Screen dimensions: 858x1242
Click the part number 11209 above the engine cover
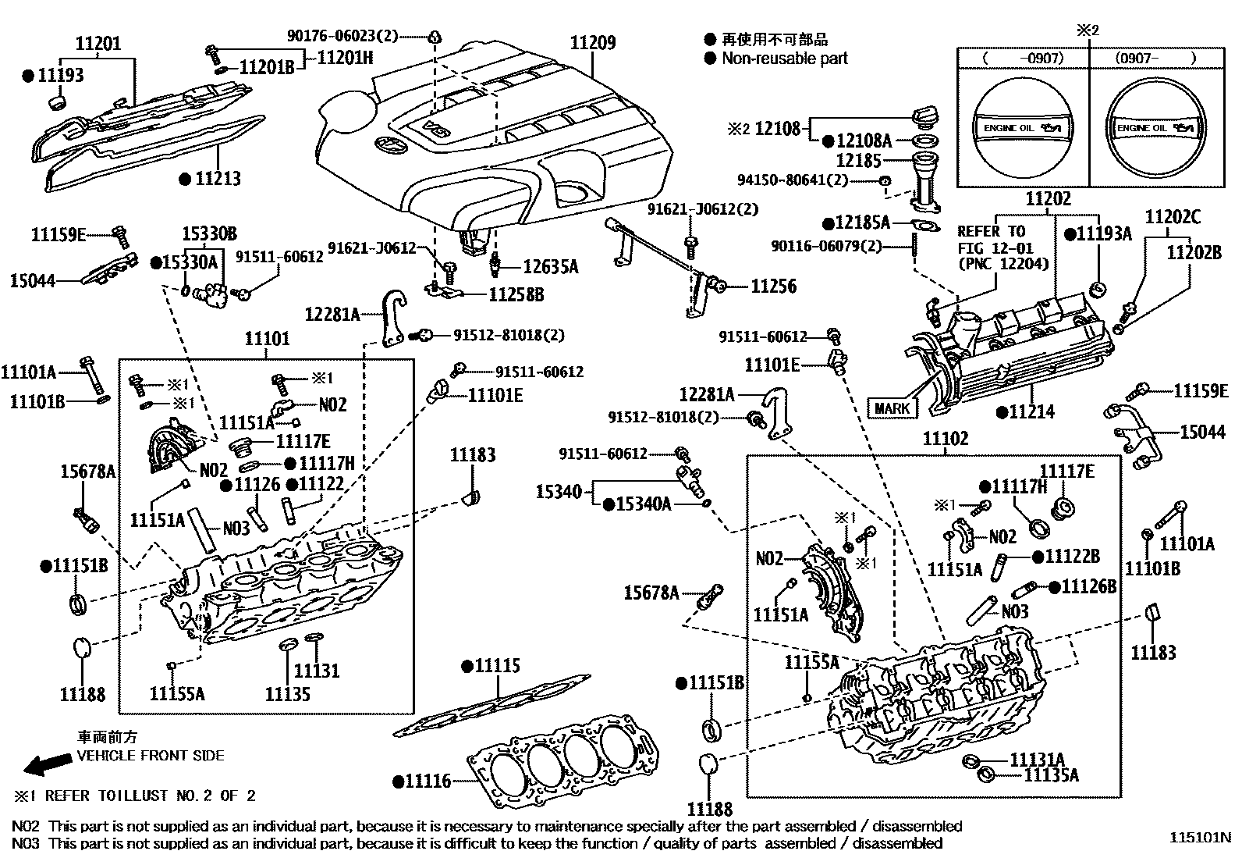click(x=592, y=43)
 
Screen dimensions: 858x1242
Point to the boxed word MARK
click(x=892, y=408)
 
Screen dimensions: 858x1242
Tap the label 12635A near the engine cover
click(x=550, y=267)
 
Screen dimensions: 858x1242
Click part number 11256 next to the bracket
click(x=774, y=287)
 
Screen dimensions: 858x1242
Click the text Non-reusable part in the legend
click(x=784, y=59)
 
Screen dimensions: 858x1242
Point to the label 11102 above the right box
click(x=945, y=439)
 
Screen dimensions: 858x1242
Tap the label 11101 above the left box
click(x=267, y=339)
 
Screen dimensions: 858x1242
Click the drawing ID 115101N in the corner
click(x=1199, y=837)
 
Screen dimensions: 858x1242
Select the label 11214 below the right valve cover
click(x=1031, y=411)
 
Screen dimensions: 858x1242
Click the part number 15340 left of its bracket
click(x=559, y=491)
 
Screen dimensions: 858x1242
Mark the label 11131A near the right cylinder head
click(x=1037, y=759)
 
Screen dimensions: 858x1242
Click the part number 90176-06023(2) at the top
click(x=342, y=35)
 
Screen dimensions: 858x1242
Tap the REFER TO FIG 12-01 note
click(x=1002, y=247)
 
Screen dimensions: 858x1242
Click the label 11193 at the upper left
click(x=61, y=75)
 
